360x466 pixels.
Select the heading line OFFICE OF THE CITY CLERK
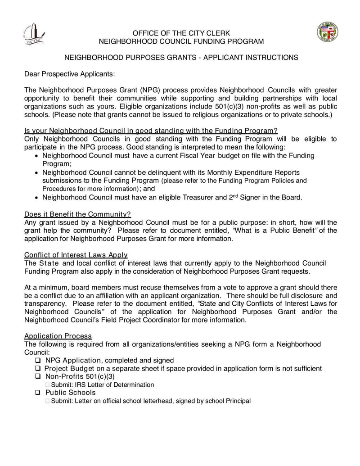(181, 33)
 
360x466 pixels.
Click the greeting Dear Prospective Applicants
(69, 73)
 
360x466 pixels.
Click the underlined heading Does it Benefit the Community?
(77, 214)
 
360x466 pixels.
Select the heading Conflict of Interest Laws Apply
(76, 255)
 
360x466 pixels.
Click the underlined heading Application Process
(58, 336)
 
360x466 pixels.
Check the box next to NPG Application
(38, 361)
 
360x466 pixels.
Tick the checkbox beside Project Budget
(38, 369)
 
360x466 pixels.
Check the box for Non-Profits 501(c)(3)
(38, 376)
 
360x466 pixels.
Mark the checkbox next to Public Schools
(38, 393)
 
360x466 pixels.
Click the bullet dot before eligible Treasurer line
(37, 198)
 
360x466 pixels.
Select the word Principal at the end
(238, 401)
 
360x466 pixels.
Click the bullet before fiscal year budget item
(37, 156)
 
